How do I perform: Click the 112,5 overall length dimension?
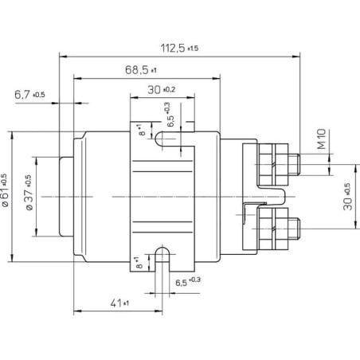tap(179, 48)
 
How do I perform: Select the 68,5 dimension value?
tap(141, 70)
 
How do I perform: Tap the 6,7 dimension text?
tap(29, 95)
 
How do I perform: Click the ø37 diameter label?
tap(29, 193)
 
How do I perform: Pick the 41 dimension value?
tap(119, 303)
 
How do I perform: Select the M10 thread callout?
tap(321, 139)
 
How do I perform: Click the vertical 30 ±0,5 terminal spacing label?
tap(347, 197)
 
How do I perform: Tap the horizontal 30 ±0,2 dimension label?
tap(162, 90)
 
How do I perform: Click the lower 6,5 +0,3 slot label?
tap(188, 281)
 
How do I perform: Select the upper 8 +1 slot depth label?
tap(142, 130)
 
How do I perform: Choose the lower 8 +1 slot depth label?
tap(139, 262)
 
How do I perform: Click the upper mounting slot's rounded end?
tap(158, 139)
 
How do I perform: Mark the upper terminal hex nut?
tap(273, 165)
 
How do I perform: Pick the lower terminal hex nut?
tap(273, 229)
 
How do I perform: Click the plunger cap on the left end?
tap(66, 197)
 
